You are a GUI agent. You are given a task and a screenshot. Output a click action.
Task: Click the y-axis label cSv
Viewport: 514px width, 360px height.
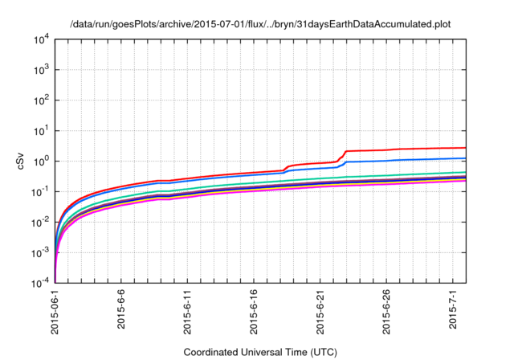(x=21, y=161)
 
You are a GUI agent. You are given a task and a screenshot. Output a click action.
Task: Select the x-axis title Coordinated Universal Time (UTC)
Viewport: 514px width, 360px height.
(x=260, y=352)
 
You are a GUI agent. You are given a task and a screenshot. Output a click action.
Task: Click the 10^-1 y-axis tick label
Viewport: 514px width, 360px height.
(x=40, y=191)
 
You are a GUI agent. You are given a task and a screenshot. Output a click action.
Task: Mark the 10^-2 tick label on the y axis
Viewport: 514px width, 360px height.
(x=40, y=222)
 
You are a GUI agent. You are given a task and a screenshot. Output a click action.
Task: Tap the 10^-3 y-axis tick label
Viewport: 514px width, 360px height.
(x=40, y=252)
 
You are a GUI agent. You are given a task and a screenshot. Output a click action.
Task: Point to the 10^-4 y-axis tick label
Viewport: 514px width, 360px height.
(x=40, y=283)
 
